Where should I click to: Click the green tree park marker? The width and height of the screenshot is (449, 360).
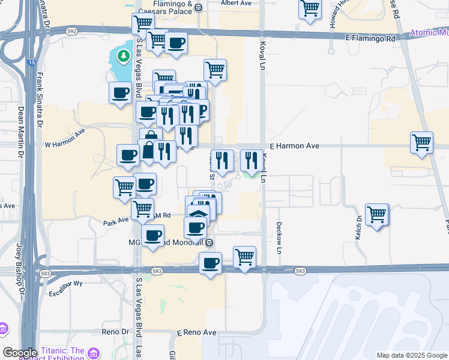(124, 56)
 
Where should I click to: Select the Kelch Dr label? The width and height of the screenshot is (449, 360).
(359, 228)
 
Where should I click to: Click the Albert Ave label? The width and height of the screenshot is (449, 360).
(236, 3)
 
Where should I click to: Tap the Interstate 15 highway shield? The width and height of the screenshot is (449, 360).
(31, 59)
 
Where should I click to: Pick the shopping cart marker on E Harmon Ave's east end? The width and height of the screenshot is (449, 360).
(421, 142)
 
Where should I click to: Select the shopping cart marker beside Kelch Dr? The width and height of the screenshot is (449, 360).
(377, 214)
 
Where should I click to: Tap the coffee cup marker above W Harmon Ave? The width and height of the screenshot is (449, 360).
(120, 92)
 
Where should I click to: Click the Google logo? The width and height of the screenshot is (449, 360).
(20, 353)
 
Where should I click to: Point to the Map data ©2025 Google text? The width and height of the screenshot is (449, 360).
(411, 355)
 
